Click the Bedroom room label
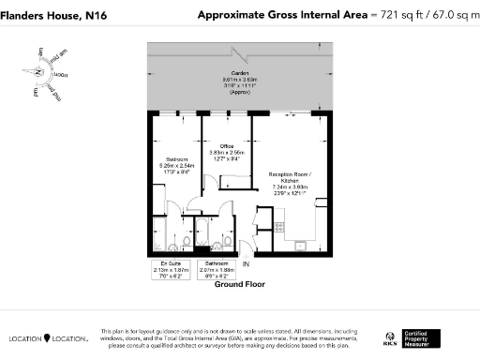pyautogui.click(x=177, y=159)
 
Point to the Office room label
pyautogui.click(x=226, y=146)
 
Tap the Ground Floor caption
pyautogui.click(x=240, y=283)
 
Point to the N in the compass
pyautogui.click(x=38, y=71)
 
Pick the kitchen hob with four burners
pyautogui.click(x=278, y=225)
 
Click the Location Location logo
pyautogui.click(x=49, y=337)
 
